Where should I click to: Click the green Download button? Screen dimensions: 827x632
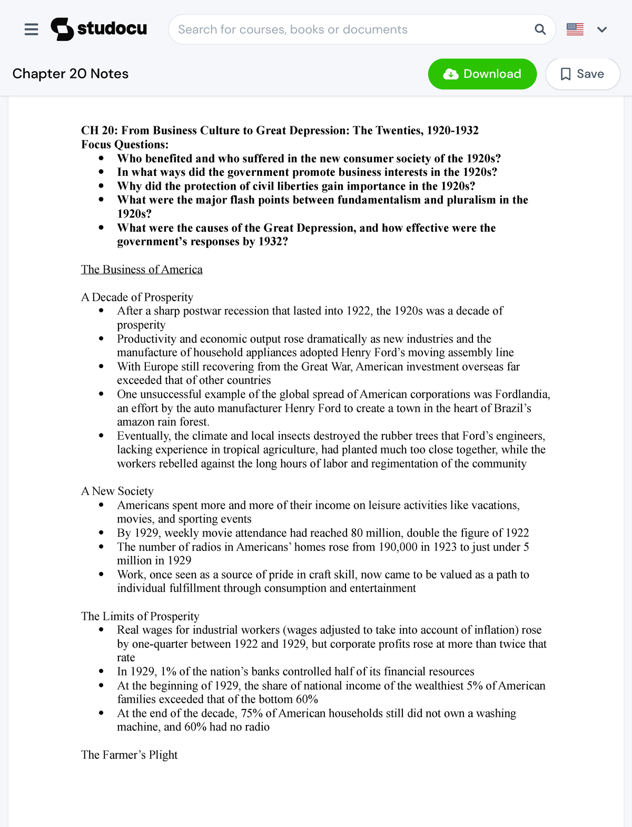coord(482,74)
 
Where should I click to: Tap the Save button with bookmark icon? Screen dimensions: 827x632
coord(582,74)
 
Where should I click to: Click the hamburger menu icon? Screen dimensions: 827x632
coord(32,29)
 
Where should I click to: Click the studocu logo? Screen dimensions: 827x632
coord(99,29)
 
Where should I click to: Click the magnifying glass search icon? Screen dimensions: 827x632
coord(540,29)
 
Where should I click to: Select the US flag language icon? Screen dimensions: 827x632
coord(575,29)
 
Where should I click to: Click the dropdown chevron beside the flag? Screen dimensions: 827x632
coord(602,29)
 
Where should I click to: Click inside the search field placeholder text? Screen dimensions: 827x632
coord(293,29)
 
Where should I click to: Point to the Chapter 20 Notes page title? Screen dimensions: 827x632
coord(71,74)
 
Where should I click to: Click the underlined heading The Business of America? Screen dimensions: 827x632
coord(142,270)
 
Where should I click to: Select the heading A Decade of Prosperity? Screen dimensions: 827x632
coord(137,297)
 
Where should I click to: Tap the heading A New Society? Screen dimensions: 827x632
coord(117,491)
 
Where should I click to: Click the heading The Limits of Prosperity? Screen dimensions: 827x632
coord(140,616)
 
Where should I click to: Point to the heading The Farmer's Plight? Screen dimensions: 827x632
coord(129,755)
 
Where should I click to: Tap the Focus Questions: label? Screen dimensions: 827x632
coord(125,144)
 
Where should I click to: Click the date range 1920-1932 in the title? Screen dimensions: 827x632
coord(452,131)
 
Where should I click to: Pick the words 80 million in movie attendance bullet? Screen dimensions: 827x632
coord(376,533)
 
